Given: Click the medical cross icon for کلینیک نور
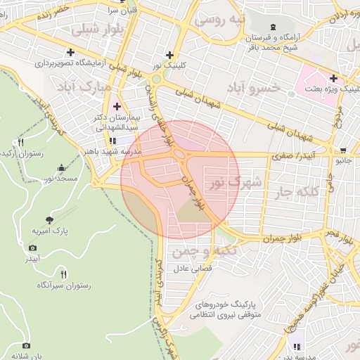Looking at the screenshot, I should [x=169, y=55].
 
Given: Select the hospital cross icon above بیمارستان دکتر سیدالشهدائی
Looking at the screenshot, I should [x=117, y=106].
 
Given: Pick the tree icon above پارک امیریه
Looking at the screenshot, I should [x=49, y=219].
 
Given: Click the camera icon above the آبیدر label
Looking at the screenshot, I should [x=32, y=247].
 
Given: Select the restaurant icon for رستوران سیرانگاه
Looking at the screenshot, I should [x=63, y=274].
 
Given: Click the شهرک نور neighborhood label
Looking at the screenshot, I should [x=235, y=184].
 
